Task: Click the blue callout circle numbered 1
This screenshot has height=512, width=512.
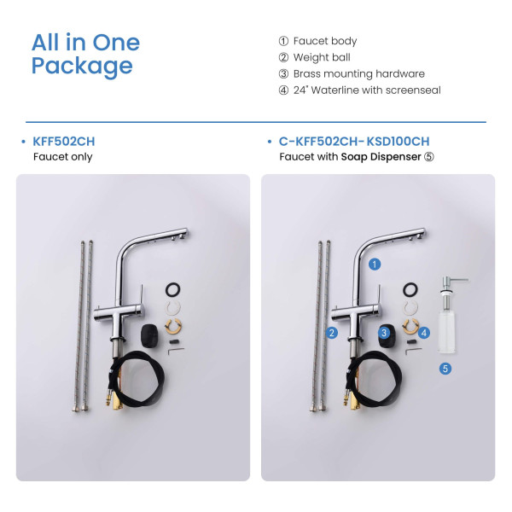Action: click(375, 265)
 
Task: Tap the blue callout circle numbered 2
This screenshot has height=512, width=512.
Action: click(332, 333)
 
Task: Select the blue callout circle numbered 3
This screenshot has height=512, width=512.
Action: click(384, 333)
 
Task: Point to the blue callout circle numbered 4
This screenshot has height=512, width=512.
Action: click(424, 333)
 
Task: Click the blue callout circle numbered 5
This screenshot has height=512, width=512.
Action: click(445, 369)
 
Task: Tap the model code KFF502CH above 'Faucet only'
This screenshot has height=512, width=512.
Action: click(64, 142)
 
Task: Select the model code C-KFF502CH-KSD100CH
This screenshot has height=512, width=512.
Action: click(354, 142)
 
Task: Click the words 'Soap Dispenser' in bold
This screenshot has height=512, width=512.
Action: click(381, 157)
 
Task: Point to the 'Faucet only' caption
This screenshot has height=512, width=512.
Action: click(62, 157)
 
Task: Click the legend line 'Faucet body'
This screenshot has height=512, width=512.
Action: click(325, 41)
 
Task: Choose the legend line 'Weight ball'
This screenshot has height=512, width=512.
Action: click(322, 57)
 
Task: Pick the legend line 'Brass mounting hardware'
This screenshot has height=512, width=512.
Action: click(359, 73)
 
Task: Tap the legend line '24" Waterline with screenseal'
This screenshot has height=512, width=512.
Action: click(367, 90)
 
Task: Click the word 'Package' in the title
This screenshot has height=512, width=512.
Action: click(82, 67)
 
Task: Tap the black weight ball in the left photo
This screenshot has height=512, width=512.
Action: click(149, 335)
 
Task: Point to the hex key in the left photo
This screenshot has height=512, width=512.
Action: click(175, 350)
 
